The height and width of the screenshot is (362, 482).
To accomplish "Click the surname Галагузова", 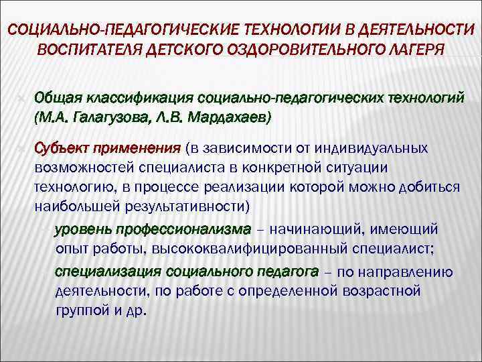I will pyautogui.click(x=108, y=118).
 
